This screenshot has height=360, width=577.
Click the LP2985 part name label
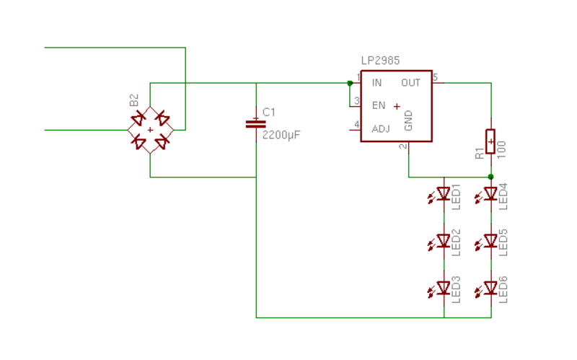(380, 61)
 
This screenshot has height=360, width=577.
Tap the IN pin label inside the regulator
(376, 83)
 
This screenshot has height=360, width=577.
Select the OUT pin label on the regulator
(410, 83)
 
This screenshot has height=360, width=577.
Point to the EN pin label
(379, 105)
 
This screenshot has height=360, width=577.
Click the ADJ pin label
(381, 129)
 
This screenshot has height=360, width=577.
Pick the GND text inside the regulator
(408, 120)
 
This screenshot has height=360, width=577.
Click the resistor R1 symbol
(490, 141)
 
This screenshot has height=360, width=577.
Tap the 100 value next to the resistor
(501, 149)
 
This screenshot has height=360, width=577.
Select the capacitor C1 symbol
(256, 124)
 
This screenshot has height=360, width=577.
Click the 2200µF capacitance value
(281, 135)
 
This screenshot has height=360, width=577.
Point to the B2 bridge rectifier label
(134, 100)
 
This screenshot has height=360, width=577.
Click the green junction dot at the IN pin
(350, 83)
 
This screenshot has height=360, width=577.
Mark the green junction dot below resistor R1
(490, 177)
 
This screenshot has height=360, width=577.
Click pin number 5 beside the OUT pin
(436, 77)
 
